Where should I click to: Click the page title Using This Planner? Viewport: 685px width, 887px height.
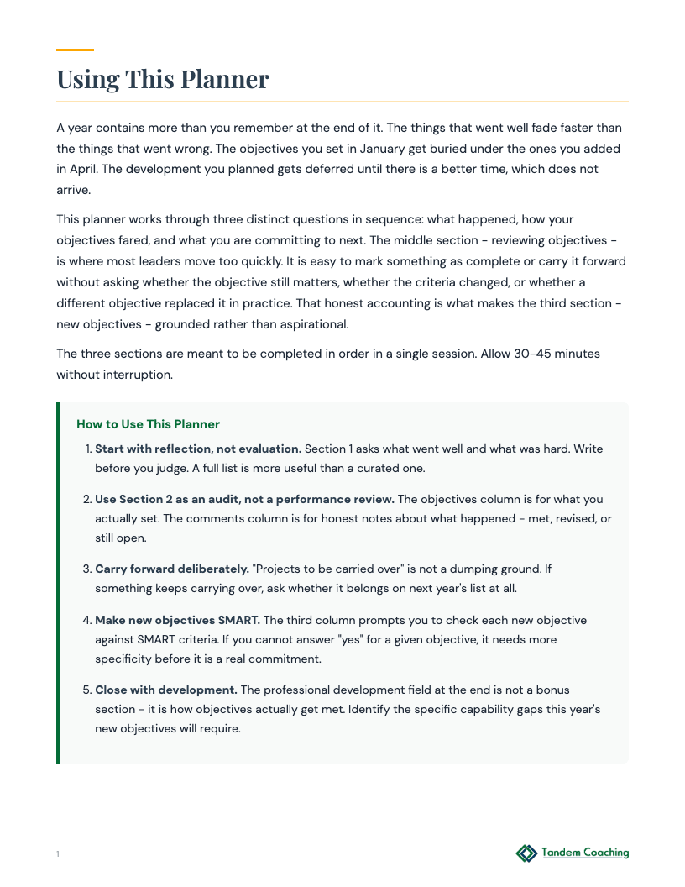point(163,79)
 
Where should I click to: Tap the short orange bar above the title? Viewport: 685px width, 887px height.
point(75,50)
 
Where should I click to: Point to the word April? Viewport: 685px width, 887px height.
point(74,169)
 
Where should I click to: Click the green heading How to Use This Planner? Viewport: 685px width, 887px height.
point(148,424)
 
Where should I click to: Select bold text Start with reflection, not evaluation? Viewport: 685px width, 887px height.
point(198,449)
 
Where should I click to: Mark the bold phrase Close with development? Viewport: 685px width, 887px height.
point(166,690)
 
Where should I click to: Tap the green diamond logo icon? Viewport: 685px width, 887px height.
point(526,853)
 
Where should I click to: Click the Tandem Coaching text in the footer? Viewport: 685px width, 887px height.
point(585,853)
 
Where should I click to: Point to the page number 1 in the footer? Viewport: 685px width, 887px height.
point(58,854)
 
